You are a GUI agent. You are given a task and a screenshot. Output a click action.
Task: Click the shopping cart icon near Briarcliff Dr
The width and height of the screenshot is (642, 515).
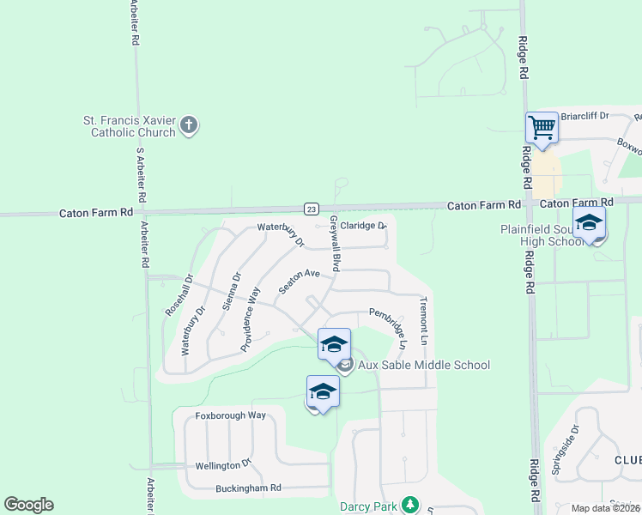coord(542,129)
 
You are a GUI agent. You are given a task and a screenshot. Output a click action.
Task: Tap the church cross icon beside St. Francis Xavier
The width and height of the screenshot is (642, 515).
coord(190,126)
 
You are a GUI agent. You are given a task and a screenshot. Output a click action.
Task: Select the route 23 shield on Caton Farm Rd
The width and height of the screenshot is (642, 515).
coord(312,209)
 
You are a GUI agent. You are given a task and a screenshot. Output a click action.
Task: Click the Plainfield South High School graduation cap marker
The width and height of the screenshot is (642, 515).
coord(589,224)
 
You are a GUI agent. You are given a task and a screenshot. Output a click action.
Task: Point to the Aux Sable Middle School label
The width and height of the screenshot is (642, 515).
coord(424,366)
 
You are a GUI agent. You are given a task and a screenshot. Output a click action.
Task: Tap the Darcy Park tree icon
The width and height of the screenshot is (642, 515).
coord(410,506)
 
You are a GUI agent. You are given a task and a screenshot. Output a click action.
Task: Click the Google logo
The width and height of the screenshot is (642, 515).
coord(28,505)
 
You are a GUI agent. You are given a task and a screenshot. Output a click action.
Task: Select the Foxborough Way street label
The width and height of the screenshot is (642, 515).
coord(231,415)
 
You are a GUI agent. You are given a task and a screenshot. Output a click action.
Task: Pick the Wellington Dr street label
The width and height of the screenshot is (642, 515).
coord(222,464)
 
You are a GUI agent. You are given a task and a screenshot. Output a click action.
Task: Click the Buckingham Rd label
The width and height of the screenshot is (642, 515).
coord(249,488)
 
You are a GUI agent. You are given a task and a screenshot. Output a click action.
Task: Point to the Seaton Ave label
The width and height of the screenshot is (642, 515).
coord(299,282)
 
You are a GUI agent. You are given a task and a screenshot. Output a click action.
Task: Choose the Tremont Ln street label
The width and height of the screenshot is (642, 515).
coord(423,320)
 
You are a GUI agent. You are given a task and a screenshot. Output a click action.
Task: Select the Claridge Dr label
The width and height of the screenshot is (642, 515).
coord(363,226)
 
